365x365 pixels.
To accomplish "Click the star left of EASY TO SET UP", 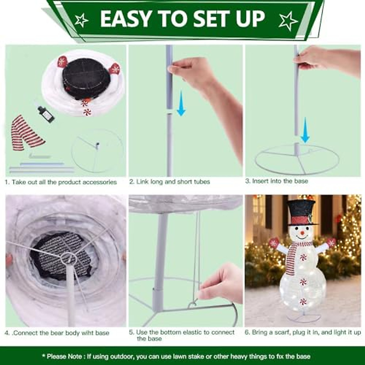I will pos(81,20).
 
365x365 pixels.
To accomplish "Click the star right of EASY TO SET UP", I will pos(288,21).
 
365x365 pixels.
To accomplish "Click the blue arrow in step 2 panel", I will pos(181,103).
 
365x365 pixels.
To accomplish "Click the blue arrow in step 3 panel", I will pos(305,130).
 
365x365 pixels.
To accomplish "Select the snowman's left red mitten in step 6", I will pos(274,242).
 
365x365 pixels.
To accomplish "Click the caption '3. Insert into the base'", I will pos(276,181).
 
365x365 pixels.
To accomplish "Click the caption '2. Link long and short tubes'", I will pos(169,182).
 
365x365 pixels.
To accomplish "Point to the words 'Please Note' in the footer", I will pos(64,356).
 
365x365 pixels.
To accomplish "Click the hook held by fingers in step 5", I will pos(193,304).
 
